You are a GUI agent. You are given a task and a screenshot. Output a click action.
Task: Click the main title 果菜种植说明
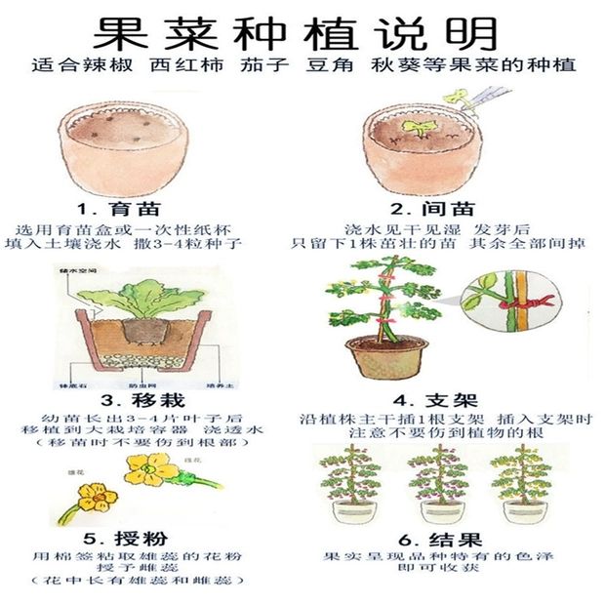click(x=302, y=31)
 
